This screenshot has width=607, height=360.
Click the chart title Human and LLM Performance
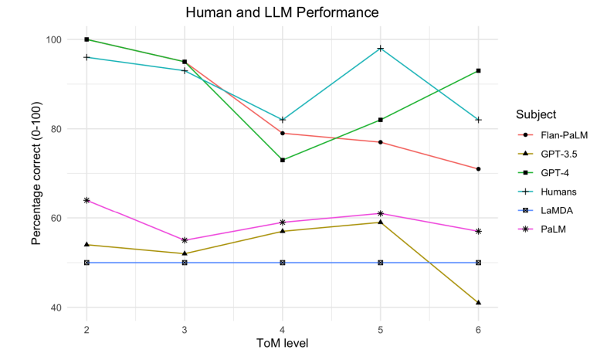[282, 13]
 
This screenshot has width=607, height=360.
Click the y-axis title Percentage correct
[36, 173]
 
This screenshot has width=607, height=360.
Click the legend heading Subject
[536, 114]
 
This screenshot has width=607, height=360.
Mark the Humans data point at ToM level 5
[381, 49]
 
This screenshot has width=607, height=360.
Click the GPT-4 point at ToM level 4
[283, 160]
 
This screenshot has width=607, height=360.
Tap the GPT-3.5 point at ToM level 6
[479, 303]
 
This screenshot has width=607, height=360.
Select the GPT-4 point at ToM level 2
[86, 39]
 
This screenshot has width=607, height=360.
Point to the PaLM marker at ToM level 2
[86, 200]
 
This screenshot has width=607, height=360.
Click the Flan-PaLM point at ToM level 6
[479, 168]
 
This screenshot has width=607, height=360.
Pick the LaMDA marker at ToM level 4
[283, 263]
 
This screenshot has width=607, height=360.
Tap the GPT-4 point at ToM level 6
[479, 71]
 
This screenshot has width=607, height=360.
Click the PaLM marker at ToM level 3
[185, 240]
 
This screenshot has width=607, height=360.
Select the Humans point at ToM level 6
[479, 120]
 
